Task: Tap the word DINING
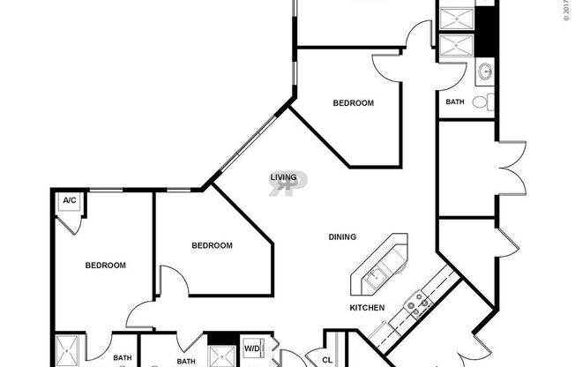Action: pyautogui.click(x=342, y=236)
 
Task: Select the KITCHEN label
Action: pyautogui.click(x=367, y=307)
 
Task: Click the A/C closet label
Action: pyautogui.click(x=69, y=201)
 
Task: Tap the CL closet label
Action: pyautogui.click(x=326, y=360)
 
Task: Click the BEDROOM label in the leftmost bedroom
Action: pyautogui.click(x=105, y=265)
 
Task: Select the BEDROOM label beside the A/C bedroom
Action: pyautogui.click(x=213, y=245)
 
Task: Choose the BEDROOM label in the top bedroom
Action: pyautogui.click(x=353, y=103)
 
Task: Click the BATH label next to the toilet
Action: pyautogui.click(x=454, y=102)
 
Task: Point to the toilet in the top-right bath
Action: pyautogui.click(x=480, y=102)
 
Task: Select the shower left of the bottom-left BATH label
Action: pyautogui.click(x=68, y=352)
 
